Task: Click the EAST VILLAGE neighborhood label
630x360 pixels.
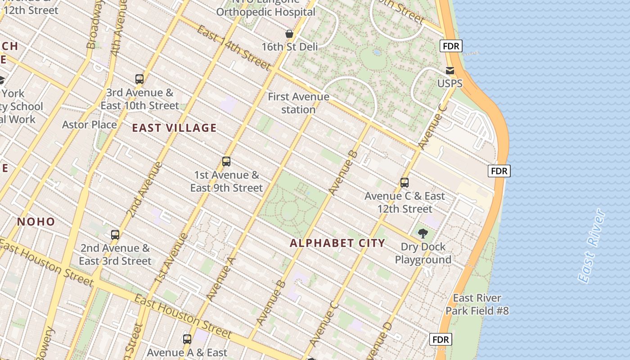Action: point(174,128)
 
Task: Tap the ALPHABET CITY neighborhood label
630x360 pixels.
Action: point(337,243)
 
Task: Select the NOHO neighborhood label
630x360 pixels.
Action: point(36,222)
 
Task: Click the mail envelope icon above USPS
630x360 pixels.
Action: point(450,71)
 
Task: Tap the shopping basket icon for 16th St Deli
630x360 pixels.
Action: point(289,34)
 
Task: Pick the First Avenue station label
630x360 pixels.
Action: point(298,103)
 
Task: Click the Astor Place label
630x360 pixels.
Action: point(89,125)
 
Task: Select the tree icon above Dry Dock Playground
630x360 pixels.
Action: point(423,233)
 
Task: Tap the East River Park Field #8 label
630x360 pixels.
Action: point(477,304)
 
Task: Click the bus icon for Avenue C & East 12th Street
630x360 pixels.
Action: point(404,183)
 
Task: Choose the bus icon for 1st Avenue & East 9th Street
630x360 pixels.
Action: point(226,162)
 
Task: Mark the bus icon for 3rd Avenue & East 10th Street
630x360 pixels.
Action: point(139,79)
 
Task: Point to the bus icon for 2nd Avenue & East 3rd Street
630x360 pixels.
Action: point(115,234)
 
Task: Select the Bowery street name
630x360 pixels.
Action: point(46,344)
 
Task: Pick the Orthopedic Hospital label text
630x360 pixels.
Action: point(265,12)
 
